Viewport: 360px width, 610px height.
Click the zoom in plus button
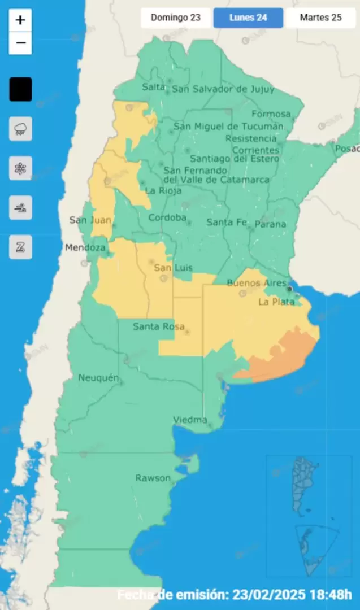click(x=20, y=20)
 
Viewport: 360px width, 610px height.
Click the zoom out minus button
click(x=20, y=43)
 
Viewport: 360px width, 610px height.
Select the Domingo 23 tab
click(x=176, y=18)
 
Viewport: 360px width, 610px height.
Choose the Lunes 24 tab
click(x=248, y=18)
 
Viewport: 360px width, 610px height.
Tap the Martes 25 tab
click(x=320, y=18)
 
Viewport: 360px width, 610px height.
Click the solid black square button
click(x=20, y=89)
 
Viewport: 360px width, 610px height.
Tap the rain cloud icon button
click(x=20, y=129)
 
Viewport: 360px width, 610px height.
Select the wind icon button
click(x=20, y=208)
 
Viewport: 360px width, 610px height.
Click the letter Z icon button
click(x=20, y=247)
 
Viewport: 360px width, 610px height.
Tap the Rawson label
click(x=153, y=478)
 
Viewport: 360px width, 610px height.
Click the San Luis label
click(x=174, y=268)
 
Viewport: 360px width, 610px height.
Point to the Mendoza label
click(x=85, y=247)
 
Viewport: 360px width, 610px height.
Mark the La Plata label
click(x=276, y=302)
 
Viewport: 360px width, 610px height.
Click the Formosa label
click(x=271, y=114)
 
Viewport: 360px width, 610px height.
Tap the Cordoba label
click(x=167, y=218)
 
